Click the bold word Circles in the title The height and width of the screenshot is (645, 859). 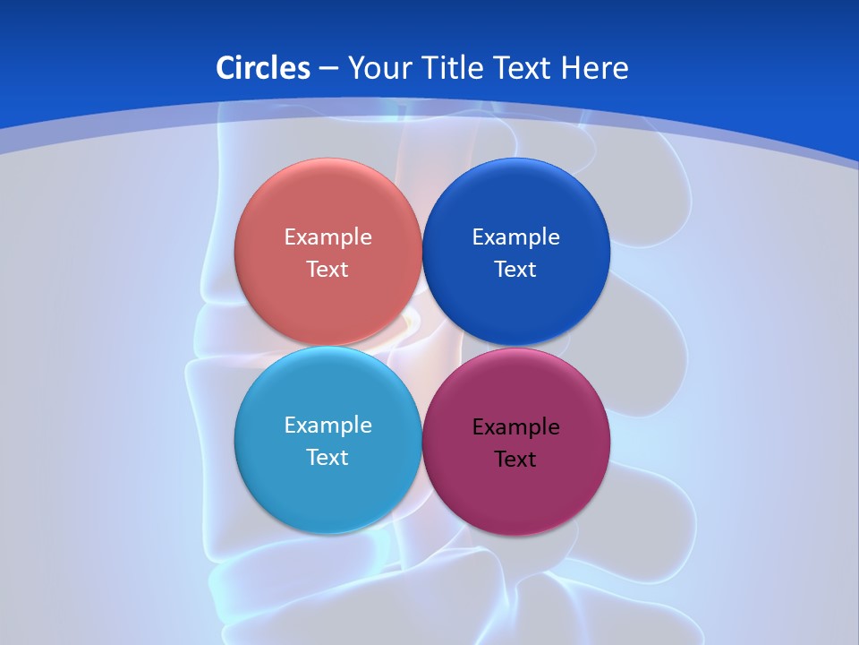tap(263, 68)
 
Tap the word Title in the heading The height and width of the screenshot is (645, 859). tap(455, 68)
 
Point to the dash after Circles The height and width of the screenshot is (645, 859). tap(328, 69)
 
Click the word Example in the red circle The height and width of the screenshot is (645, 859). tap(327, 237)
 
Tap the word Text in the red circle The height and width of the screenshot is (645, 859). tap(327, 270)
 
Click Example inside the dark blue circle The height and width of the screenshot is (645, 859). tap(515, 237)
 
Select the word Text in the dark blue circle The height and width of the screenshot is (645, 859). tap(515, 270)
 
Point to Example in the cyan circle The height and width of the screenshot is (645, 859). tap(327, 426)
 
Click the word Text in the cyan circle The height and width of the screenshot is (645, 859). tap(327, 458)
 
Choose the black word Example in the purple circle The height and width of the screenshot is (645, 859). tap(515, 427)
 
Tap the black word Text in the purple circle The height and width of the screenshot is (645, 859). tap(515, 460)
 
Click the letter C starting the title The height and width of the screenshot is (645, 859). tap(225, 68)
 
